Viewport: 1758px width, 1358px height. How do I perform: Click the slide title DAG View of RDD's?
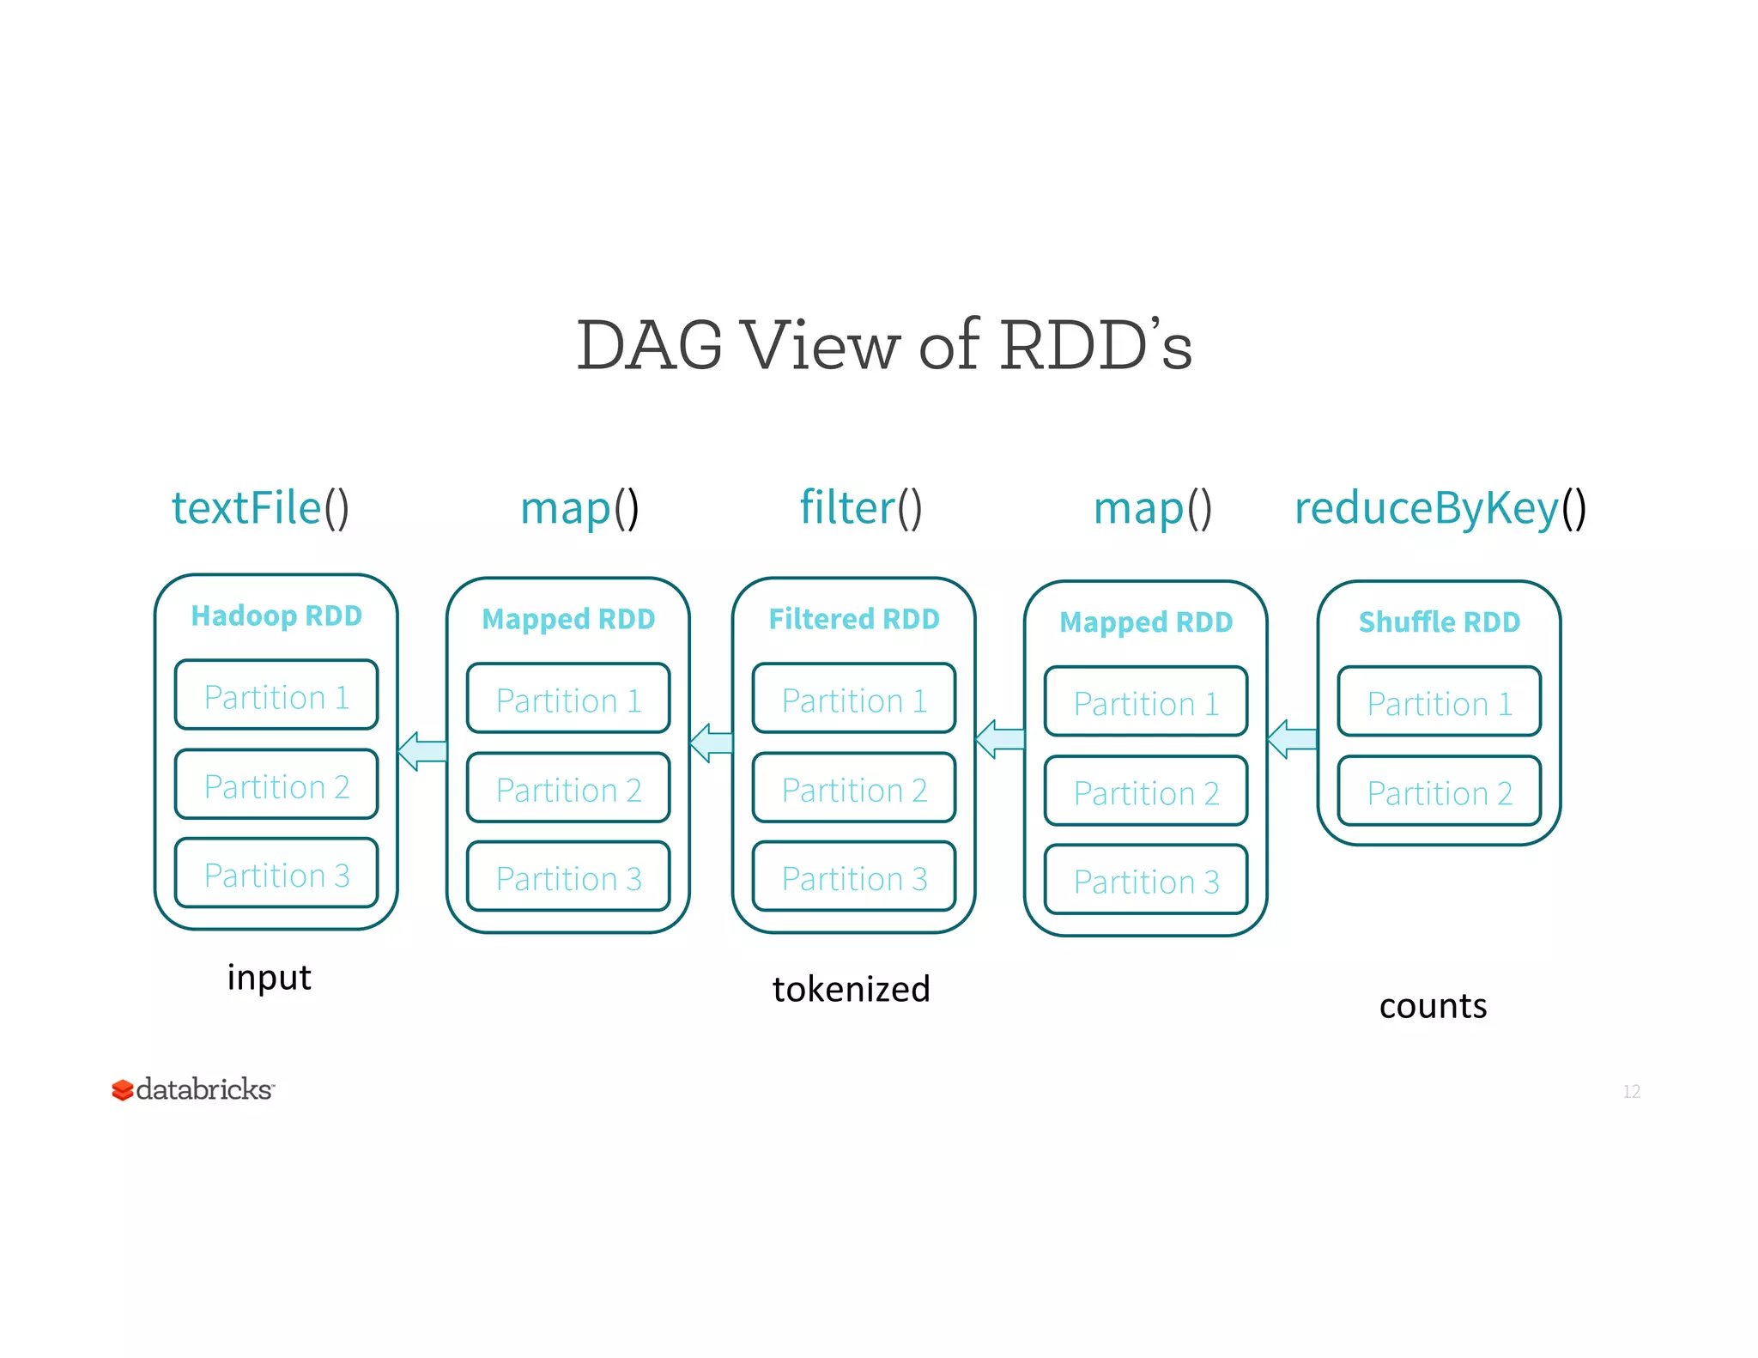click(884, 345)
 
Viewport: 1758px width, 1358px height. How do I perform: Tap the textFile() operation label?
click(260, 507)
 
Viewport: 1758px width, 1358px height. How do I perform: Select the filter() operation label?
click(860, 507)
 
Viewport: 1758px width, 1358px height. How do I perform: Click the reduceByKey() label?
click(1440, 507)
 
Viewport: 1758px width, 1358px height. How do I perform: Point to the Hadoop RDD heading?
click(276, 615)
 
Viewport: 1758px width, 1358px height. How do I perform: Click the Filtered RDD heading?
click(854, 619)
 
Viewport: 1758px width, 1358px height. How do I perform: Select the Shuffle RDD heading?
click(1440, 621)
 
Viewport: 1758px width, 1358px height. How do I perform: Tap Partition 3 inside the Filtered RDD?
click(854, 877)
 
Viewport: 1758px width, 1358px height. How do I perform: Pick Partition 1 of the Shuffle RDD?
click(1440, 703)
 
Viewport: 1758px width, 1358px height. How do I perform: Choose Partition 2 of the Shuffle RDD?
click(1440, 792)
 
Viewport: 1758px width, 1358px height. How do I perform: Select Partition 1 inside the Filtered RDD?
click(854, 700)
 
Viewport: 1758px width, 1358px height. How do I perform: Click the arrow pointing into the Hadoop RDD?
click(422, 751)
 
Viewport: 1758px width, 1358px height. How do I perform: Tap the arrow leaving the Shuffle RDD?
click(1292, 738)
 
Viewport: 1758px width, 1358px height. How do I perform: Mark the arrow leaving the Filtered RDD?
click(712, 743)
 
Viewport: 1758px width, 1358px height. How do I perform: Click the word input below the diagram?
click(269, 978)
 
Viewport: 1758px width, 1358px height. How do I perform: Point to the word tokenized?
click(851, 989)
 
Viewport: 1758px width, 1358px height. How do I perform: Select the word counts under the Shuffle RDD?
click(1433, 1005)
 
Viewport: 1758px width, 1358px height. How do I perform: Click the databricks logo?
click(193, 1089)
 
